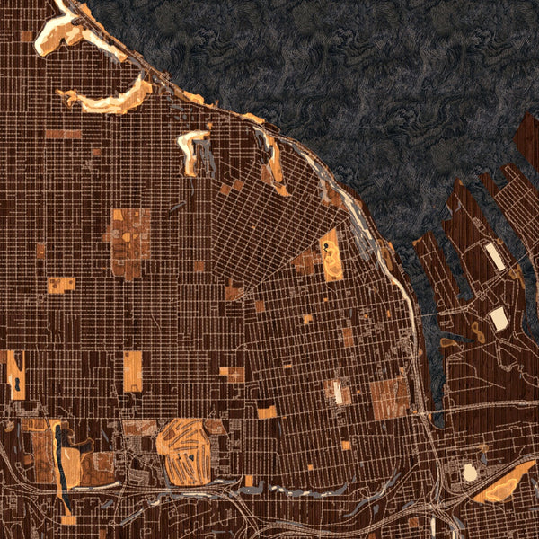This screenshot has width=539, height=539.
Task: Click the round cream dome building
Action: (469, 472)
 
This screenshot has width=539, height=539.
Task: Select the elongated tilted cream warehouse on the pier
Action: (494, 257)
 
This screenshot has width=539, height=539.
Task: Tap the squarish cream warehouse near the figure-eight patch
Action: (499, 318)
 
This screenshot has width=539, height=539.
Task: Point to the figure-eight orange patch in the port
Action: (476, 332)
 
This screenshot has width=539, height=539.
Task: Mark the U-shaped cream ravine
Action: (192, 150)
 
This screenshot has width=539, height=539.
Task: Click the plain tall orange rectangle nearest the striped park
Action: (132, 371)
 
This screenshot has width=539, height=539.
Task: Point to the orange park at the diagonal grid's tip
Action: (234, 292)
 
